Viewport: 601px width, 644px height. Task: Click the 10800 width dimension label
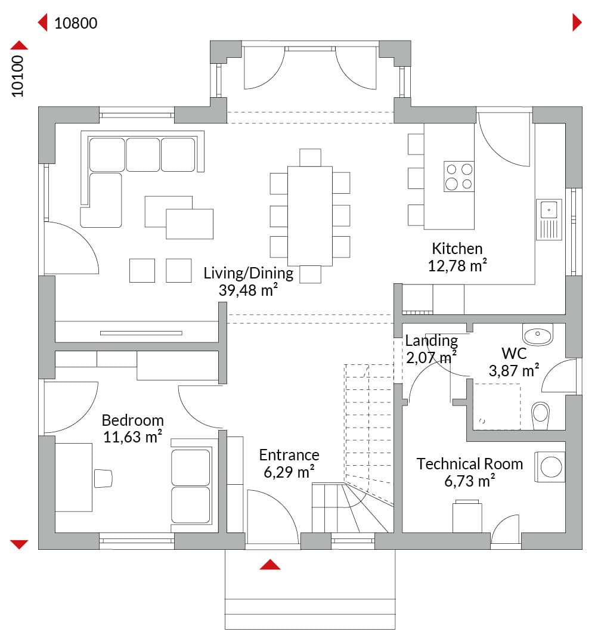pos(76,23)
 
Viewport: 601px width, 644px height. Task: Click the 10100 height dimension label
pos(18,76)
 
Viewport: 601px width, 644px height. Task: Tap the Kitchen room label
pos(457,249)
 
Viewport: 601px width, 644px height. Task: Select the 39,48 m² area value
pos(248,290)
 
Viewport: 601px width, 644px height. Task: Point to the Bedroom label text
pos(133,420)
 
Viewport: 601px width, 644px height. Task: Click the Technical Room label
pos(470,464)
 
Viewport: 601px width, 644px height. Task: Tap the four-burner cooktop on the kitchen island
pos(459,176)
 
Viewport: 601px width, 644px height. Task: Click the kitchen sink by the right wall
pos(549,219)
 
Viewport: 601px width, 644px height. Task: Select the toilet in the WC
pos(541,416)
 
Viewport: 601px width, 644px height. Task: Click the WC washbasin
pos(538,335)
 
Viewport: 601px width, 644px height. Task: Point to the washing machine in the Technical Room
pos(550,467)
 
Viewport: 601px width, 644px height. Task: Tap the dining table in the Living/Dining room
pos(310,216)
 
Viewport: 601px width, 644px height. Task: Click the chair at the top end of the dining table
pos(310,157)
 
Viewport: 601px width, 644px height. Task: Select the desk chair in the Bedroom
pos(103,478)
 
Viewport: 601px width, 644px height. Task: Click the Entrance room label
pos(289,454)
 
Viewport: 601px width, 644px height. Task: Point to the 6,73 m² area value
pos(470,481)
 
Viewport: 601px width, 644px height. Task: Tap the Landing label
pos(431,341)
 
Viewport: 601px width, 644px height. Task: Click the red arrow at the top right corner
pos(577,22)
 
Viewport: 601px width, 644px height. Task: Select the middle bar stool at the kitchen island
pos(416,178)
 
